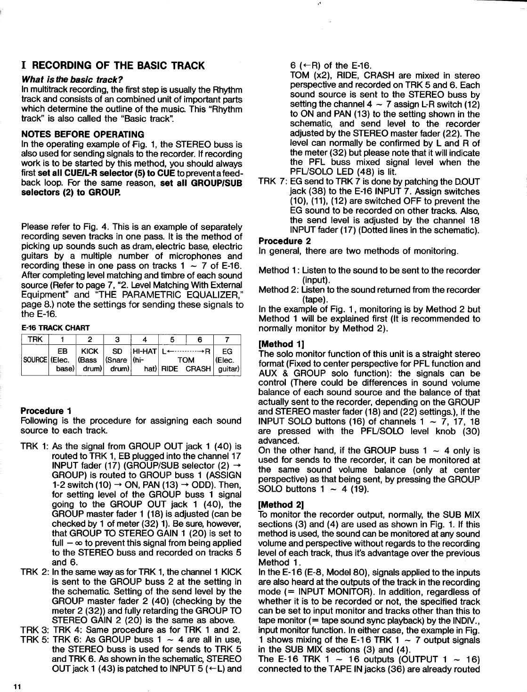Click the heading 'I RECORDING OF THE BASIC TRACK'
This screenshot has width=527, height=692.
[x=113, y=65]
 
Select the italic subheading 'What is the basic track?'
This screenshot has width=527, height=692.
[x=72, y=79]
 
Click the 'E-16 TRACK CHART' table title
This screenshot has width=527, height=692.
[x=56, y=327]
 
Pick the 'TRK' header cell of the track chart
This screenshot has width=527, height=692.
[x=36, y=339]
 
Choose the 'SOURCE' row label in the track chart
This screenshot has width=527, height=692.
[x=35, y=360]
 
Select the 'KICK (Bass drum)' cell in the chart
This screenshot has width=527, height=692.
[x=89, y=360]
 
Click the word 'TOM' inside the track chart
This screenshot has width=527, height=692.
[x=186, y=360]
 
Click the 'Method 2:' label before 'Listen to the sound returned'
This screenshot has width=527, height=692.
[x=279, y=289]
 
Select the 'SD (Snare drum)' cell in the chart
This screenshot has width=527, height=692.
[x=117, y=360]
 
